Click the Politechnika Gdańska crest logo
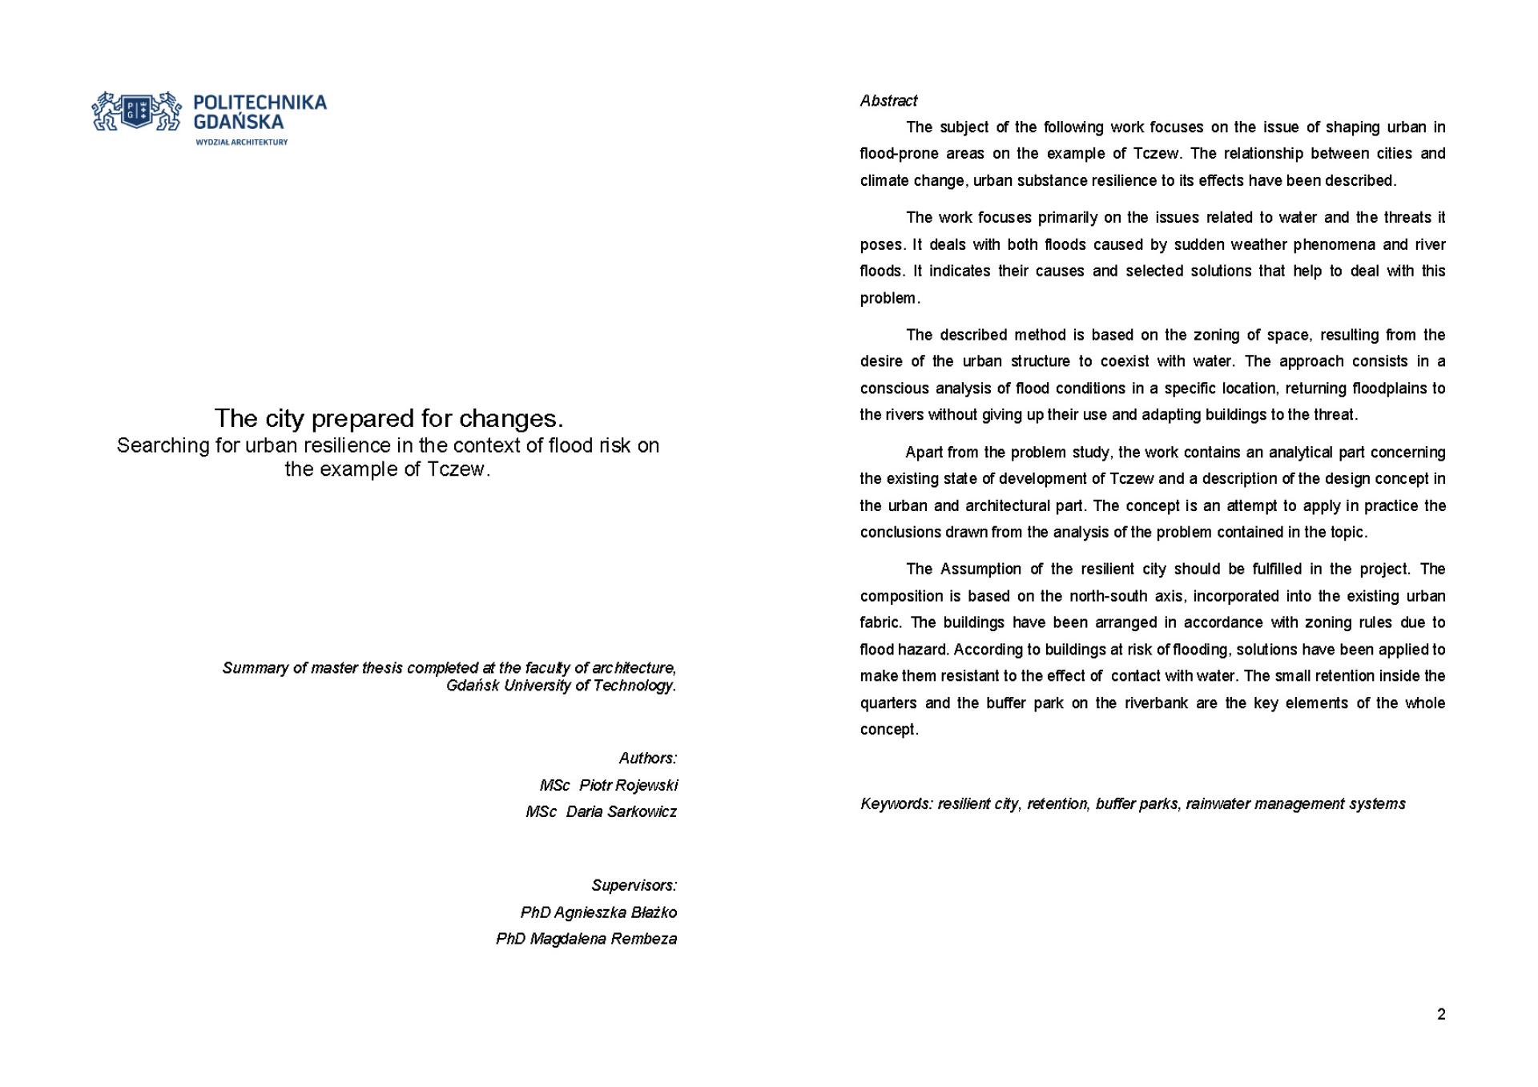tap(136, 111)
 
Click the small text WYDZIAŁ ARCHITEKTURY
tap(241, 142)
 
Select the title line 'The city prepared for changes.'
tap(389, 418)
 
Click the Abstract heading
tap(888, 101)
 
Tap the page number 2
tap(1441, 1014)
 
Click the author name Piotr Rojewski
tap(628, 785)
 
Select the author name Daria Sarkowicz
tap(621, 811)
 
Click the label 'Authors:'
tap(647, 758)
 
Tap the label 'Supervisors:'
tap(634, 885)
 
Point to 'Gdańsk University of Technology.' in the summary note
tap(561, 686)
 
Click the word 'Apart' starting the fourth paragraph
tap(923, 453)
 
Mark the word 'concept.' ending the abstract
tap(889, 730)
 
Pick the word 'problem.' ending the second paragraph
tap(890, 298)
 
